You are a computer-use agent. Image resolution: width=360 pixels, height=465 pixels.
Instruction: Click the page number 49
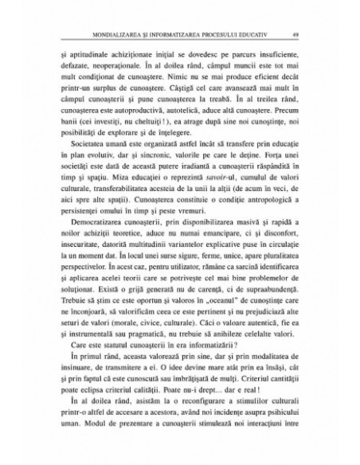(295, 34)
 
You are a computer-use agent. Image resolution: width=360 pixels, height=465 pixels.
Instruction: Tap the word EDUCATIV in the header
(254, 34)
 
